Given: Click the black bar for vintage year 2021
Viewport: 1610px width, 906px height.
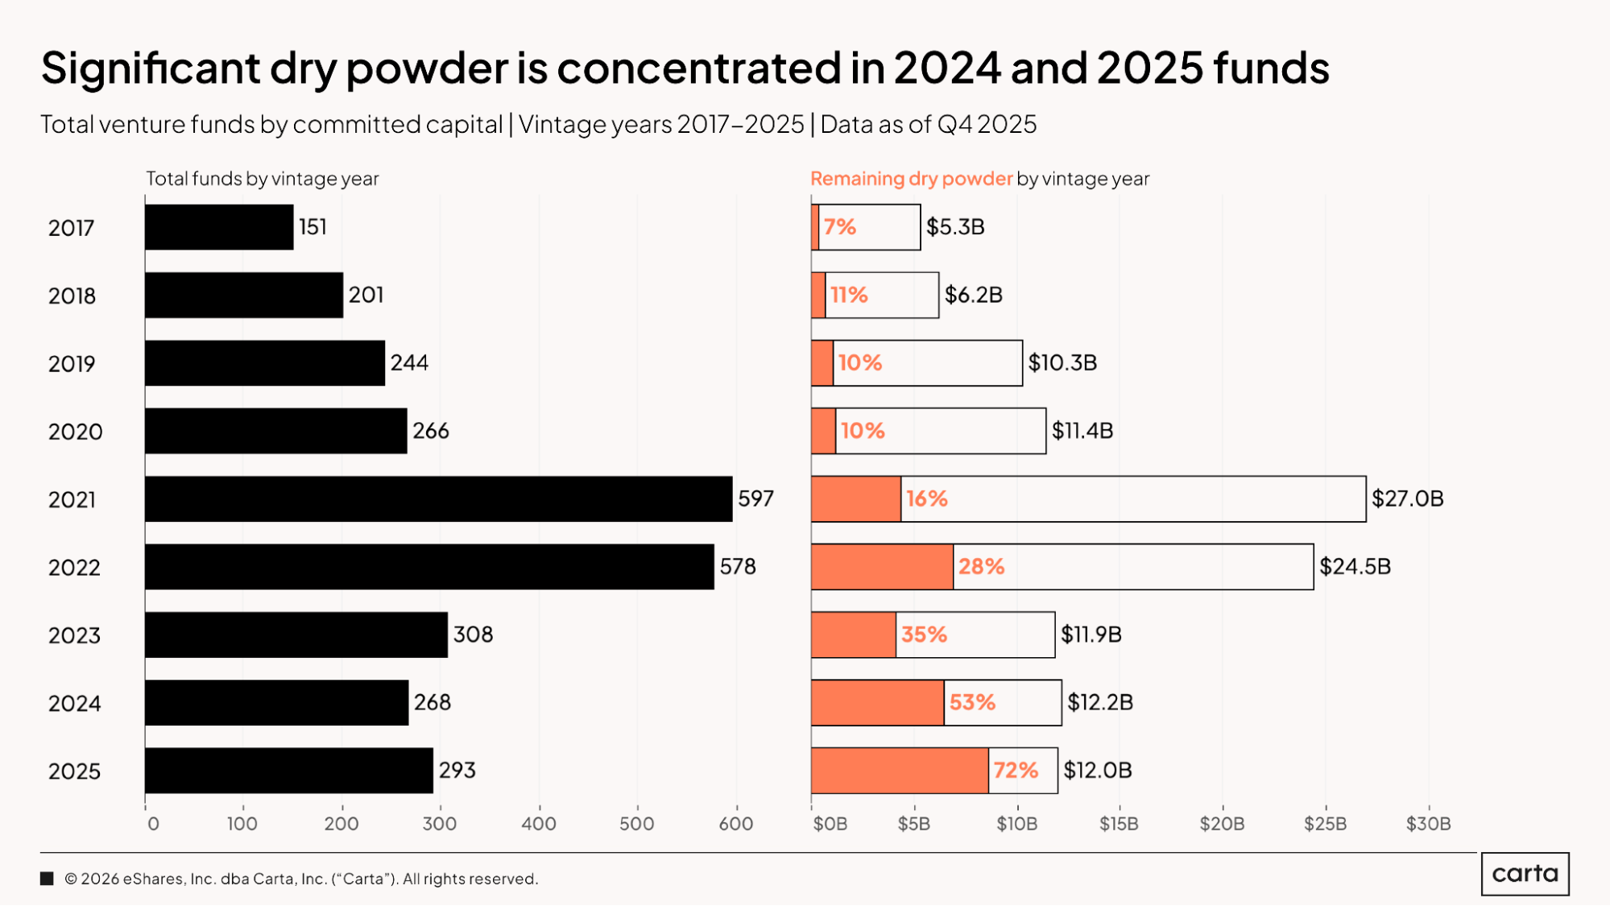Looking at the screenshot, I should point(439,499).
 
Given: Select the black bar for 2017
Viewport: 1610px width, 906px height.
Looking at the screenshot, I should point(219,227).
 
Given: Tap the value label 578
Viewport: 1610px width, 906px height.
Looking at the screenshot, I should point(738,567).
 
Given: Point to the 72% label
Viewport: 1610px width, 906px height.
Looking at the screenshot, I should point(1016,771).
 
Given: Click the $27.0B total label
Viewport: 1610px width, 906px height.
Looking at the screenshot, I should point(1407,499).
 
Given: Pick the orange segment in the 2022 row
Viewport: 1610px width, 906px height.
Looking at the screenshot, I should point(882,567).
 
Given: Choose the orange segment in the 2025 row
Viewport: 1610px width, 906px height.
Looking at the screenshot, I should point(900,771).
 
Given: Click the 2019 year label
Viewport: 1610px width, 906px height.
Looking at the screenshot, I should point(72,364).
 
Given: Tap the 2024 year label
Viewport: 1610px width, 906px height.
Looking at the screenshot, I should point(74,704).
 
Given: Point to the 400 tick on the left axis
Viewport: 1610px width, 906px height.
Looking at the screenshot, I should point(538,824).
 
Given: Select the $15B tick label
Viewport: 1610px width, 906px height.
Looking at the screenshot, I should point(1119,824).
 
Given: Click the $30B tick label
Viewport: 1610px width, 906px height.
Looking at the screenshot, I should point(1428,824).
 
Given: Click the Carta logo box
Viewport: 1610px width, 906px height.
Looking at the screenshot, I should point(1525,874).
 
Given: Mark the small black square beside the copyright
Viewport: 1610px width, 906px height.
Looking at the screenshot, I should point(47,879).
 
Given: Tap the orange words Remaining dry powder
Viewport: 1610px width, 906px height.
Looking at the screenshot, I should point(911,179).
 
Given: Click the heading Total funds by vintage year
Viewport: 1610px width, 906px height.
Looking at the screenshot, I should point(262,179).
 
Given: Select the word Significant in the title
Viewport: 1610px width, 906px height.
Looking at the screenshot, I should point(151,68).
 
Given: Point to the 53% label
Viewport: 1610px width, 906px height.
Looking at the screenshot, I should point(972,702).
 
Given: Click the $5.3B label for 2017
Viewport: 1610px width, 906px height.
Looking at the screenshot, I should point(955,227).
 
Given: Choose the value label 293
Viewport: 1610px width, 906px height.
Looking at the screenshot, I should point(457,771).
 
